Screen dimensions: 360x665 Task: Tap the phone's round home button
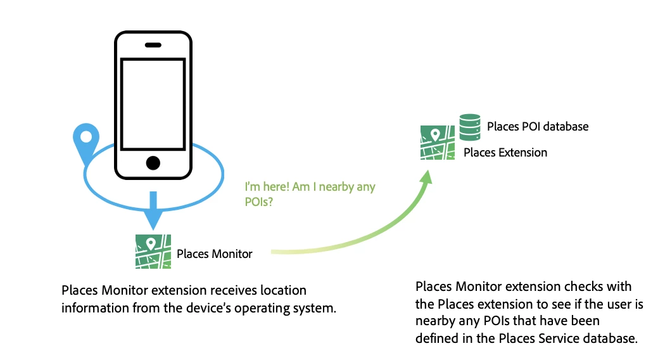pyautogui.click(x=153, y=163)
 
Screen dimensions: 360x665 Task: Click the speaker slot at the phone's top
pyautogui.click(x=153, y=46)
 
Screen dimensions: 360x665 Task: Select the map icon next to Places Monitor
pyautogui.click(x=153, y=252)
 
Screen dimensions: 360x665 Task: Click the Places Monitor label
pyautogui.click(x=214, y=254)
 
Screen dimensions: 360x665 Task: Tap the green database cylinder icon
pyautogui.click(x=469, y=126)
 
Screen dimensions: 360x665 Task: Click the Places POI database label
pyautogui.click(x=537, y=127)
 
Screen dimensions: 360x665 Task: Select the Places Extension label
pyautogui.click(x=505, y=153)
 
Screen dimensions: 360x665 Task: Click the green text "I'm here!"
pyautogui.click(x=267, y=187)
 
